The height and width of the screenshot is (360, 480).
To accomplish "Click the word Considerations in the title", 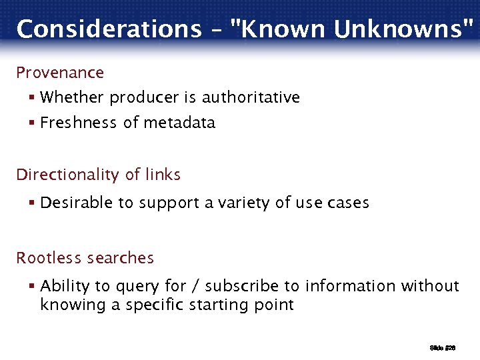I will [x=108, y=29].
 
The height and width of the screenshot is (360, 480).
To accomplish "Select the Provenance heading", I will [x=60, y=72].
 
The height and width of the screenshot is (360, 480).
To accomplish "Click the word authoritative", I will [x=251, y=97].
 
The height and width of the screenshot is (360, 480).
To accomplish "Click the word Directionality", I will [x=71, y=175].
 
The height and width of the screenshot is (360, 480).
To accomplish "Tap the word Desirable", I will [x=77, y=203].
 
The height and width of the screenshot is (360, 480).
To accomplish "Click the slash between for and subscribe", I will [x=195, y=287].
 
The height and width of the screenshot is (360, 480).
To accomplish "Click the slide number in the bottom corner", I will [x=441, y=348].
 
